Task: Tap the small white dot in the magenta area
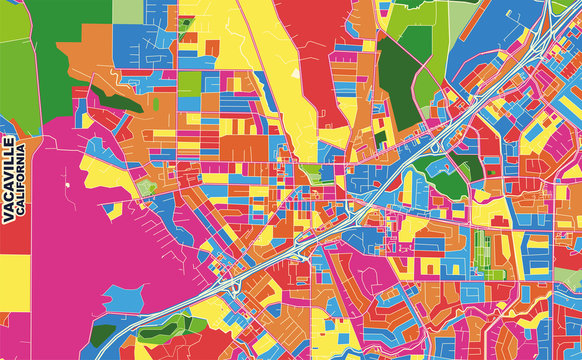click(66, 185)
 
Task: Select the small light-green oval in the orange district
click(147, 187)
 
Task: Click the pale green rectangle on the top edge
click(127, 10)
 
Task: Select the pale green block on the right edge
click(569, 276)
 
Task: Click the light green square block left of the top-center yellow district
click(189, 83)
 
